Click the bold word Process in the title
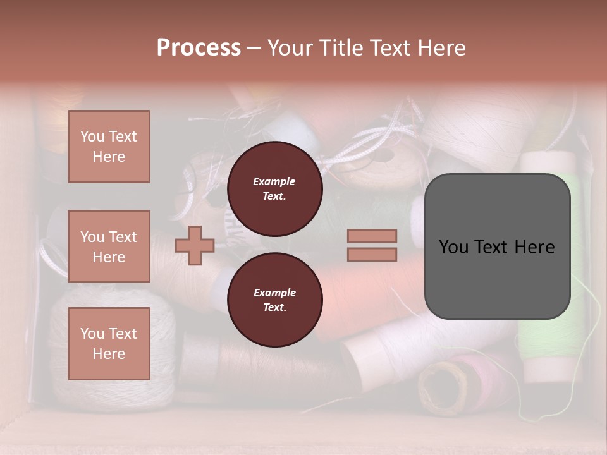click(x=199, y=48)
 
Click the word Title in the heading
click(x=340, y=48)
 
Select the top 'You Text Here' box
click(x=109, y=147)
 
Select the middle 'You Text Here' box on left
click(x=109, y=246)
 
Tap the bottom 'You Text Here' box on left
click(x=109, y=343)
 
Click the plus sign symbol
click(x=195, y=245)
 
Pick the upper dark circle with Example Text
click(x=274, y=189)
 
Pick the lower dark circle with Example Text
click(x=274, y=300)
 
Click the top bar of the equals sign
click(x=372, y=236)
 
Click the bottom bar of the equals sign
click(x=372, y=254)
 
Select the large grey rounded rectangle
click(x=497, y=246)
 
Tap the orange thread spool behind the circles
click(x=360, y=297)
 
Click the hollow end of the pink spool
click(x=438, y=389)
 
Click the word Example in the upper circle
click(x=274, y=181)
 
